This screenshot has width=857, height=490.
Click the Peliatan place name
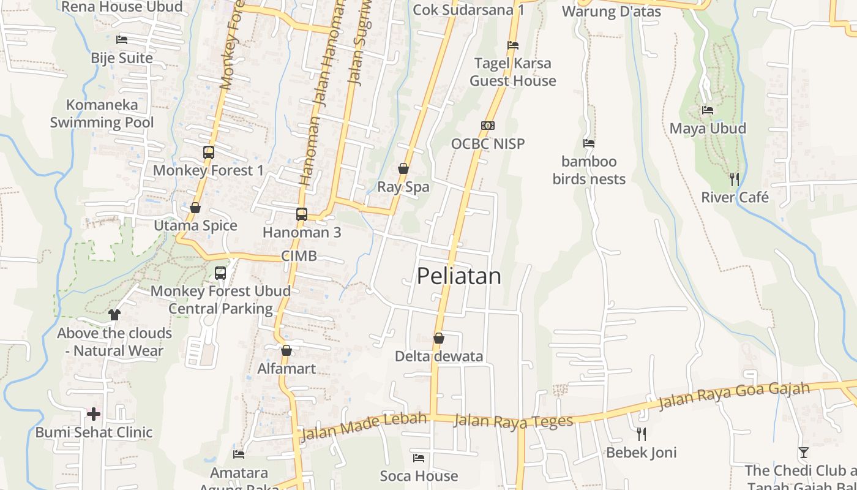pyautogui.click(x=458, y=276)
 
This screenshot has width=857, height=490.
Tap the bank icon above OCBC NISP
pyautogui.click(x=488, y=126)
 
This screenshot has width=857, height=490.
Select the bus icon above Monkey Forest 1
pyautogui.click(x=209, y=153)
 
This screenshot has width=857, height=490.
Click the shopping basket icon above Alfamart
pyautogui.click(x=286, y=350)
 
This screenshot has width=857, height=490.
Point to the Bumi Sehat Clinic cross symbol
pyautogui.click(x=94, y=414)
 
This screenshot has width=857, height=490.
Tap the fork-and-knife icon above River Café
pyautogui.click(x=735, y=179)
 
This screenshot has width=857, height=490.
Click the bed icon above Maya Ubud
pyautogui.click(x=708, y=110)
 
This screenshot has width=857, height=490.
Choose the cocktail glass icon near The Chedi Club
pyautogui.click(x=804, y=453)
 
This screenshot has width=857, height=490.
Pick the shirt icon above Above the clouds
pyautogui.click(x=114, y=315)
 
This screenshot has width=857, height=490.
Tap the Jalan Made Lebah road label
pyautogui.click(x=364, y=426)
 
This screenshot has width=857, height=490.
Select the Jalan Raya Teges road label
pyautogui.click(x=514, y=421)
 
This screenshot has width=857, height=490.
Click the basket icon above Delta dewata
pyautogui.click(x=439, y=338)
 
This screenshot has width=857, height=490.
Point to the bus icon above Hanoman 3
pyautogui.click(x=302, y=214)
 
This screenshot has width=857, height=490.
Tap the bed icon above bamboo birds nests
pyautogui.click(x=589, y=143)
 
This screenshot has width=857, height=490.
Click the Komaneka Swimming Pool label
pyautogui.click(x=102, y=113)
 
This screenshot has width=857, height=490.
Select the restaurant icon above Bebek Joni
pyautogui.click(x=642, y=434)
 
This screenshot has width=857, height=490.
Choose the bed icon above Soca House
pyautogui.click(x=419, y=458)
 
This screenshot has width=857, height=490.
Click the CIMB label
pyautogui.click(x=299, y=256)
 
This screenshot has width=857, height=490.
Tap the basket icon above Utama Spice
pyautogui.click(x=195, y=208)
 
